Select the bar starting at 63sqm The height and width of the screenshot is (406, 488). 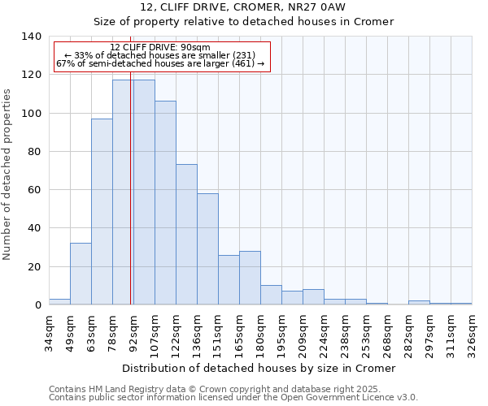102,212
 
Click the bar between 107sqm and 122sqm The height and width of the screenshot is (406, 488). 165,203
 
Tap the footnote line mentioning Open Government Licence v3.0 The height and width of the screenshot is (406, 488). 233,398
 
